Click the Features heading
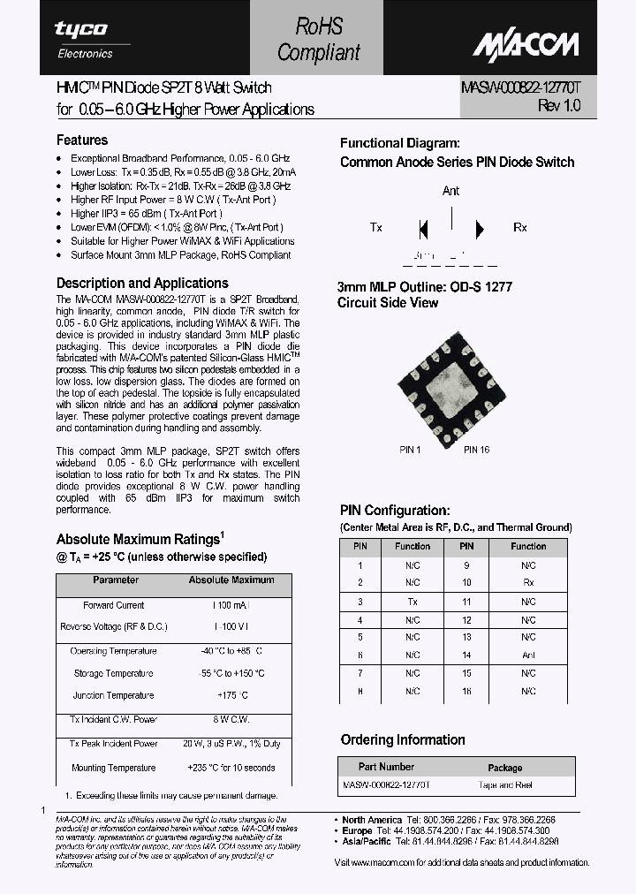pos(82,140)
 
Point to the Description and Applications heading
pos(142,284)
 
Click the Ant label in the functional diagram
pos(450,191)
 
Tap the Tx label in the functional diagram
pos(376,228)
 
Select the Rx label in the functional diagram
pos(520,228)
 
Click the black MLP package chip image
pos(451,386)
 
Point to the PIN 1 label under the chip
pos(410,450)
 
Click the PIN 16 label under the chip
pos(476,450)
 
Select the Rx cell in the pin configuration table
pos(528,583)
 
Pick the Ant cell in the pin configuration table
pos(528,655)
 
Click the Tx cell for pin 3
pos(413,601)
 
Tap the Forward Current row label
pos(114,605)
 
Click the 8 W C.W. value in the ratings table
pos(231,720)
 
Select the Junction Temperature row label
pos(113,695)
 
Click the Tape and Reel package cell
pos(504,785)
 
